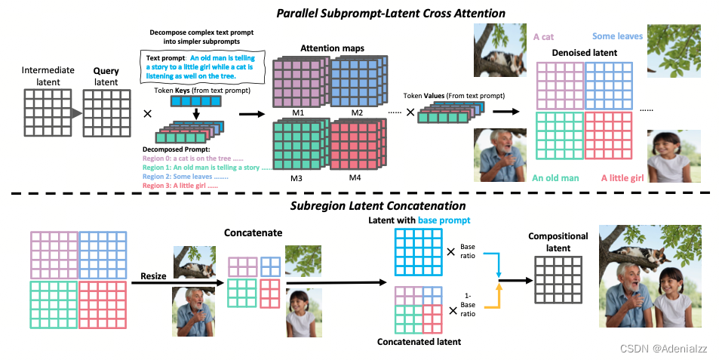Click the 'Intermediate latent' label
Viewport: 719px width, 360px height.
tap(48, 76)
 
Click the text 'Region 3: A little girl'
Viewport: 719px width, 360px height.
tap(180, 186)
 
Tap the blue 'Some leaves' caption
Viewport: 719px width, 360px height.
tap(616, 36)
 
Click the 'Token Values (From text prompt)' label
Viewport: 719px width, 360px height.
tap(453, 96)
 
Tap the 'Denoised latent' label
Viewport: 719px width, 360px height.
tap(583, 53)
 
